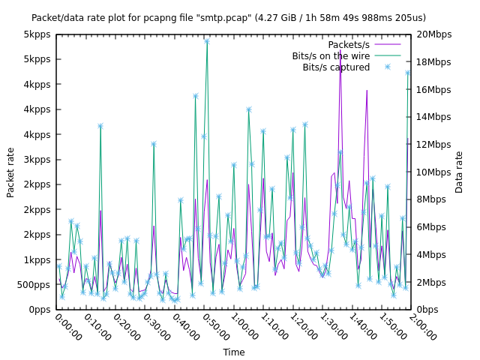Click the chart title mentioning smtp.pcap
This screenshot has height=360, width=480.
tap(229, 17)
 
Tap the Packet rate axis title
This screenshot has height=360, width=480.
tap(10, 172)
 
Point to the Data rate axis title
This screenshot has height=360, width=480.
tap(459, 172)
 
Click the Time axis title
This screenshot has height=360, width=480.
tap(233, 352)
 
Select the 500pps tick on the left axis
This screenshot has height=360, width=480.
tap(36, 285)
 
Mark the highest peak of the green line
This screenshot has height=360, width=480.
tap(206, 41)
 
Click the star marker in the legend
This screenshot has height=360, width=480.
tap(388, 67)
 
